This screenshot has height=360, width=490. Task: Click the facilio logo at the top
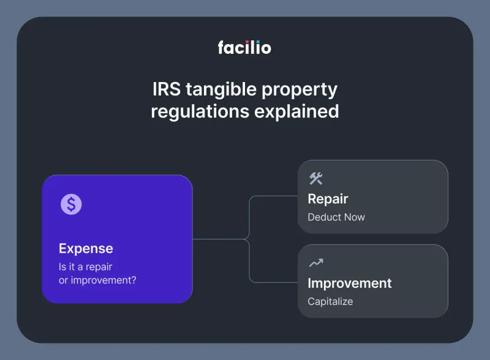tap(244, 47)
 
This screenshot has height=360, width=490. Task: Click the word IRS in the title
tap(165, 89)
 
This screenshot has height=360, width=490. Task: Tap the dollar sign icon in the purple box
tap(71, 204)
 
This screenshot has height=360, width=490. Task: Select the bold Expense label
tap(86, 249)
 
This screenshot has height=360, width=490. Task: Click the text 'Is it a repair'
tap(86, 266)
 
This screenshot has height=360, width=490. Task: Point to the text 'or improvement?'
tap(97, 280)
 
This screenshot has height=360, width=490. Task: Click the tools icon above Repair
tap(315, 178)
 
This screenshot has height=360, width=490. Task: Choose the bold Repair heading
tap(328, 199)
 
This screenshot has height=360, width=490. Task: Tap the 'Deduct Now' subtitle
tap(336, 217)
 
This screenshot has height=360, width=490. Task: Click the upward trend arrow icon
tap(315, 263)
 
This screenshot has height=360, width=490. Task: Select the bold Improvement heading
tap(349, 283)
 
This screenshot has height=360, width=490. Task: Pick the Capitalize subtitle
tap(330, 301)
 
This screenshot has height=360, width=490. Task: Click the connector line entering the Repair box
tap(276, 197)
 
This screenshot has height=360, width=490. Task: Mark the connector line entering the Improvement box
tap(276, 282)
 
